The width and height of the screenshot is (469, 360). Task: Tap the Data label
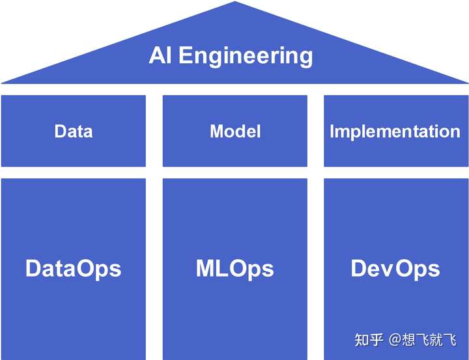(74, 131)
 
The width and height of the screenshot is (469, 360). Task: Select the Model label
(235, 131)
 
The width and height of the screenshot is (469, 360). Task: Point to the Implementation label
(395, 132)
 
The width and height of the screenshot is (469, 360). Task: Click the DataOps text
(74, 268)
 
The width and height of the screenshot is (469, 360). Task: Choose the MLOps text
(235, 268)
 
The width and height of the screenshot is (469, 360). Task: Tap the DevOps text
(395, 268)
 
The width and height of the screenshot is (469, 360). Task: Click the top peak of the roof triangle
(234, 3)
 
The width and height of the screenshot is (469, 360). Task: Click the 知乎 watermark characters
(369, 340)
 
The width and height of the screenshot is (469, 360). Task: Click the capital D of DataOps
(35, 268)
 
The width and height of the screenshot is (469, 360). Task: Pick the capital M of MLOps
(207, 268)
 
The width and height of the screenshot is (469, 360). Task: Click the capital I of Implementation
(332, 131)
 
